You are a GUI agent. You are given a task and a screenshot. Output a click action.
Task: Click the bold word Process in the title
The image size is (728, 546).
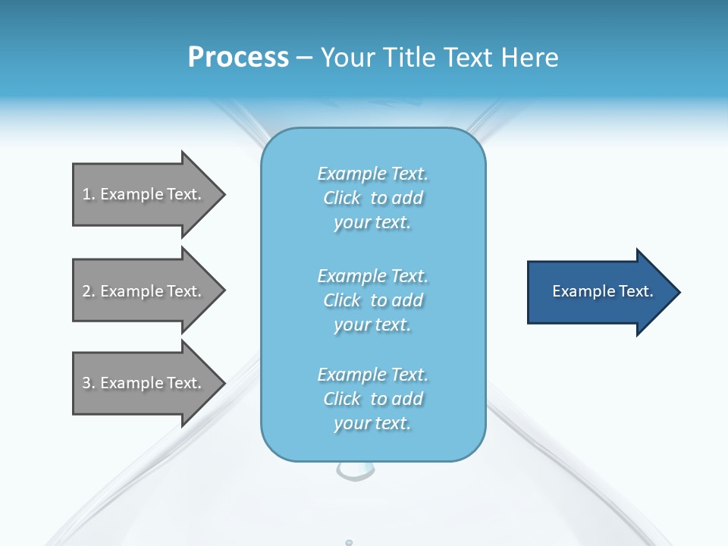pyautogui.click(x=238, y=58)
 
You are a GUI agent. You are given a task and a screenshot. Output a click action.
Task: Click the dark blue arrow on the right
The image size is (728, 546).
pyautogui.click(x=599, y=292)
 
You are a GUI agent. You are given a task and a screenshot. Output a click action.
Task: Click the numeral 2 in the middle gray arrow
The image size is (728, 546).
pyautogui.click(x=86, y=291)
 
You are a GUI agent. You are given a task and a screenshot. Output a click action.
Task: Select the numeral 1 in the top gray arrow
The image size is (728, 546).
pyautogui.click(x=86, y=194)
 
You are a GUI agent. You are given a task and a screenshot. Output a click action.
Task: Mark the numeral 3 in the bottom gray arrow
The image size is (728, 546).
pyautogui.click(x=86, y=383)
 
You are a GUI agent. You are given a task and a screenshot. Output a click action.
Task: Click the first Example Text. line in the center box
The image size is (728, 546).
pyautogui.click(x=372, y=174)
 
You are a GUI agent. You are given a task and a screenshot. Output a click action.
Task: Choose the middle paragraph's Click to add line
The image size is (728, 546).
pyautogui.click(x=372, y=300)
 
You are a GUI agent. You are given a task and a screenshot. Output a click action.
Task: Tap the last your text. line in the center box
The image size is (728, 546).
pyautogui.click(x=372, y=423)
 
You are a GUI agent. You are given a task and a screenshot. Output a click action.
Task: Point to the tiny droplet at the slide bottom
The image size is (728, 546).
pyautogui.click(x=349, y=542)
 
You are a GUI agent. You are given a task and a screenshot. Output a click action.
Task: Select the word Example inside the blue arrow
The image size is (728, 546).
pyautogui.click(x=579, y=291)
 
